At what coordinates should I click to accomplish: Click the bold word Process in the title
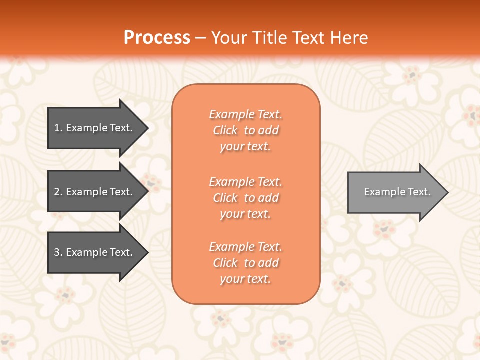coord(157,38)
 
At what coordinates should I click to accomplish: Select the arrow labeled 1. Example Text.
coord(95,128)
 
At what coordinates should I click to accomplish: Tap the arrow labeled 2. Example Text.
coord(95,192)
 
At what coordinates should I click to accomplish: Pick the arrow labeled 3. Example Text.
coord(95,252)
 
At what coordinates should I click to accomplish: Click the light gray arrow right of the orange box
coord(395,192)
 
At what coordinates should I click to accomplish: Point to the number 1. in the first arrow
coord(58,128)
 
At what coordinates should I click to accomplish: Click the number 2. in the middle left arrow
coord(58,192)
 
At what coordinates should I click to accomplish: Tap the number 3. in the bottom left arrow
coord(58,252)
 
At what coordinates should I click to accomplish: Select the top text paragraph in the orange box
coord(245,130)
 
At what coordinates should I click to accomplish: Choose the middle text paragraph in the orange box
coord(245,198)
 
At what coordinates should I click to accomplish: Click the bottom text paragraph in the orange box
coord(245,263)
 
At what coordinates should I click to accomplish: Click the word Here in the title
coord(349,38)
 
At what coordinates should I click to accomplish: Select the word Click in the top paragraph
coord(225,130)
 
